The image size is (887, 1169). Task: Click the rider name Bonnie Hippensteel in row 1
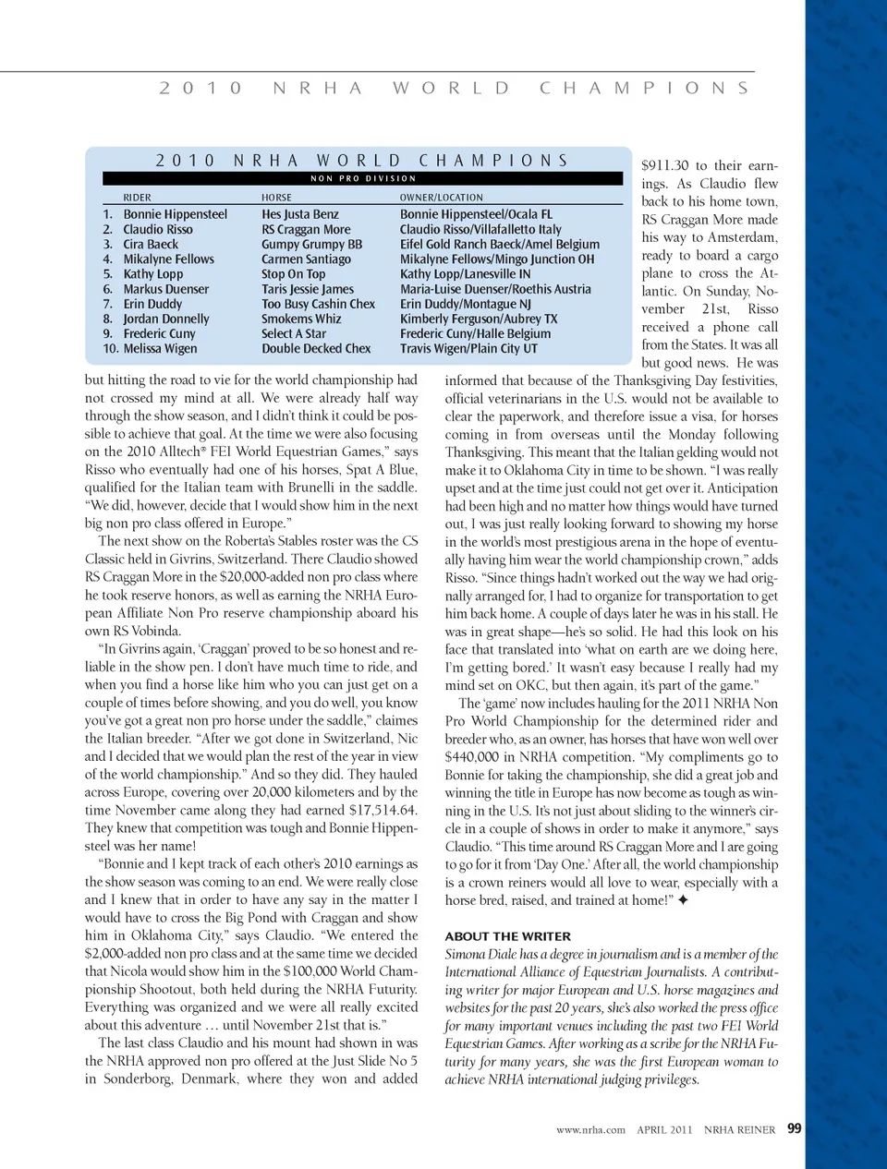point(175,214)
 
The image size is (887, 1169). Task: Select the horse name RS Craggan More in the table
point(306,229)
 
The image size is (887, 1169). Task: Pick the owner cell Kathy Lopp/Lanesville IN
point(465,274)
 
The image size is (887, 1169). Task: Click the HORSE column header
point(276,198)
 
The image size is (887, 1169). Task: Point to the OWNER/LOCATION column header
point(441,198)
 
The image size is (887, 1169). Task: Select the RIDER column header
point(137,198)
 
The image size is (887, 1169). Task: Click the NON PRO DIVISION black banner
point(363,178)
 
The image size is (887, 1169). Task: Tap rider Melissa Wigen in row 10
point(161,349)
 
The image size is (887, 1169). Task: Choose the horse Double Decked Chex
point(316,349)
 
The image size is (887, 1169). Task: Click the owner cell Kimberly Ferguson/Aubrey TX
point(479,319)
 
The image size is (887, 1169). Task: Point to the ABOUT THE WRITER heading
point(507,936)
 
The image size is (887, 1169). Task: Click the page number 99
point(795,1128)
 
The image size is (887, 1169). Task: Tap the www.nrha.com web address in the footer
point(590,1129)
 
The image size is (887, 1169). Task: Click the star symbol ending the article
point(682,900)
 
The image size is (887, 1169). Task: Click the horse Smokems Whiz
point(301,319)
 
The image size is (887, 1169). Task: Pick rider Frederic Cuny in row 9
point(160,333)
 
